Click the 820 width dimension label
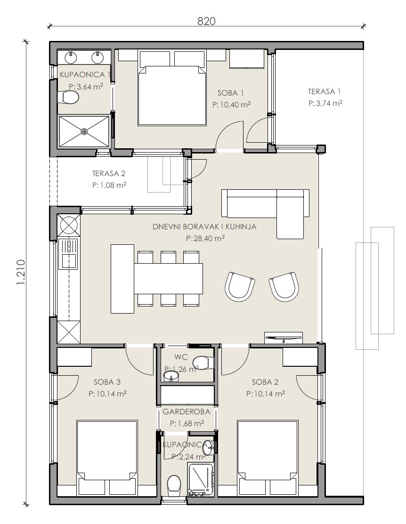(206, 21)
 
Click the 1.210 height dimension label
(20, 272)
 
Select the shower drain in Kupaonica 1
(84, 131)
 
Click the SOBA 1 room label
(230, 93)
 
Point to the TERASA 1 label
(325, 91)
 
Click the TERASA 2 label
(109, 173)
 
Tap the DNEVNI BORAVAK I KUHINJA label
(204, 226)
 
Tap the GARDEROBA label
(186, 411)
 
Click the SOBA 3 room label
(107, 382)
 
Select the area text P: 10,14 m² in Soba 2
(266, 394)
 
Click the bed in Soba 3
(107, 458)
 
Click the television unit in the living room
(284, 337)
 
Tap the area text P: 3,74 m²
(325, 103)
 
